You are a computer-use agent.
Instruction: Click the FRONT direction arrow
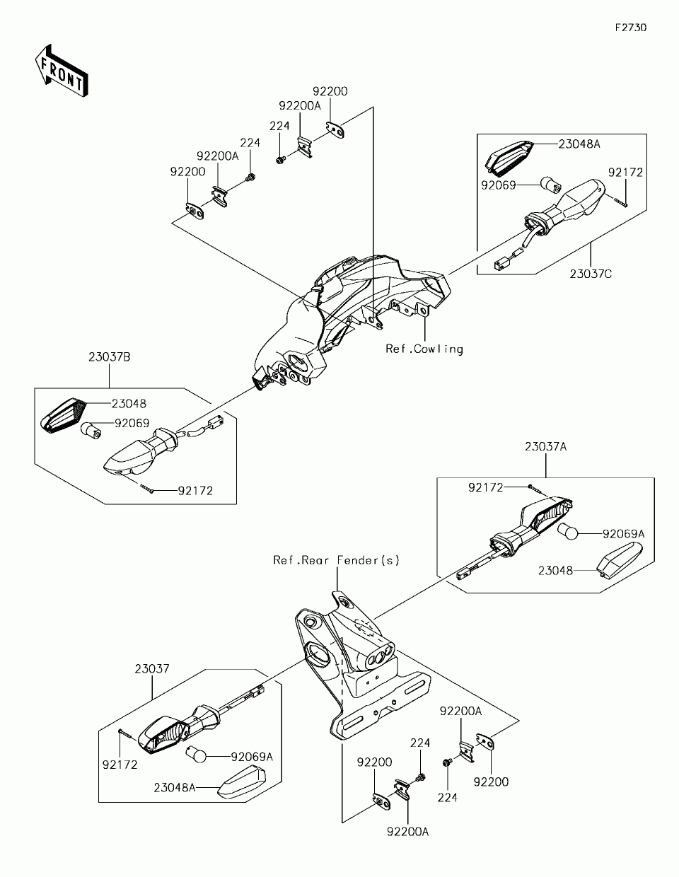click(x=62, y=71)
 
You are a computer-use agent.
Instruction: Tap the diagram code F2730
click(x=631, y=28)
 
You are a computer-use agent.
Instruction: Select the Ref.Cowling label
click(x=424, y=349)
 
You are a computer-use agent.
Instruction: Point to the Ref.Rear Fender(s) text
click(x=337, y=560)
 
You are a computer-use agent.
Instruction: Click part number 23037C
click(x=591, y=274)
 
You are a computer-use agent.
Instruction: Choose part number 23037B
click(x=110, y=357)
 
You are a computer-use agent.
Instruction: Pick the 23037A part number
click(x=546, y=447)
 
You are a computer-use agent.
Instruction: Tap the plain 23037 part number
click(x=151, y=669)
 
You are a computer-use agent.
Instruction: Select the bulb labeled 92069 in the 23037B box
click(x=91, y=431)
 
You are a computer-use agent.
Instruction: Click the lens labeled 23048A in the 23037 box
click(x=242, y=782)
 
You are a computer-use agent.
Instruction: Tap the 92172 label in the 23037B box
click(x=195, y=491)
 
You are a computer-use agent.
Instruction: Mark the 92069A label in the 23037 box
click(x=252, y=757)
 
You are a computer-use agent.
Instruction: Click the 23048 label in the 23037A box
click(x=555, y=571)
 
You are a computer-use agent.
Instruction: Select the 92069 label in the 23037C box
click(x=498, y=185)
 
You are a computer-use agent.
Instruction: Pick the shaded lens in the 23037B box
click(x=65, y=416)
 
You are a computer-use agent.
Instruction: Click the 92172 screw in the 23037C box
click(x=620, y=202)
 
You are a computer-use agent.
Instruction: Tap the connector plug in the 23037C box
click(x=499, y=265)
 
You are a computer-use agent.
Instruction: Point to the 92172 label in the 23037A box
click(x=486, y=488)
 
